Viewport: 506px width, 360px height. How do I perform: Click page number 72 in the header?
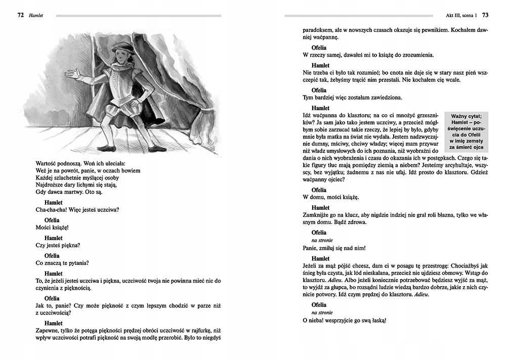(20, 15)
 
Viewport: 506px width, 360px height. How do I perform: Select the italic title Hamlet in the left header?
(35, 15)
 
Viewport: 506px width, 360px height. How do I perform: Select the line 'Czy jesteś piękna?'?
(58, 245)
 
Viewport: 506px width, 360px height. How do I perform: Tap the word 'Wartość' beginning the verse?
(48, 163)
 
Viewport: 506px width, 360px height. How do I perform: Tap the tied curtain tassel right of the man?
(204, 121)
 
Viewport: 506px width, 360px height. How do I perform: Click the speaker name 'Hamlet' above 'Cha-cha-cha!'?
(53, 202)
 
